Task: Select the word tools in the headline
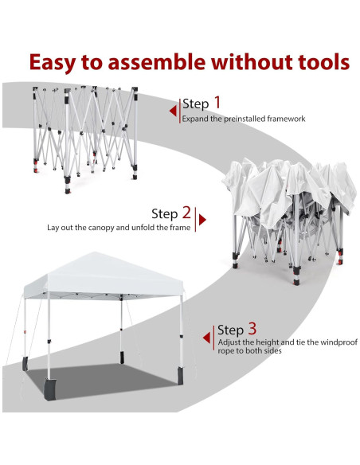(319, 62)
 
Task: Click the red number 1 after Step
(217, 103)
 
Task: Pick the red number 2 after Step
(186, 213)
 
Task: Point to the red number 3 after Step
(252, 328)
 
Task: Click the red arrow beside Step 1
(174, 111)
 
